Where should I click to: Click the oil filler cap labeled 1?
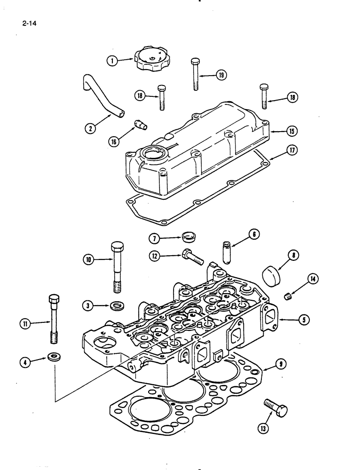(x=151, y=61)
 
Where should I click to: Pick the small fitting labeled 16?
(x=140, y=125)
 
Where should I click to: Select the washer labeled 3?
(x=115, y=307)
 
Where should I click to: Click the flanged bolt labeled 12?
(x=190, y=257)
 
